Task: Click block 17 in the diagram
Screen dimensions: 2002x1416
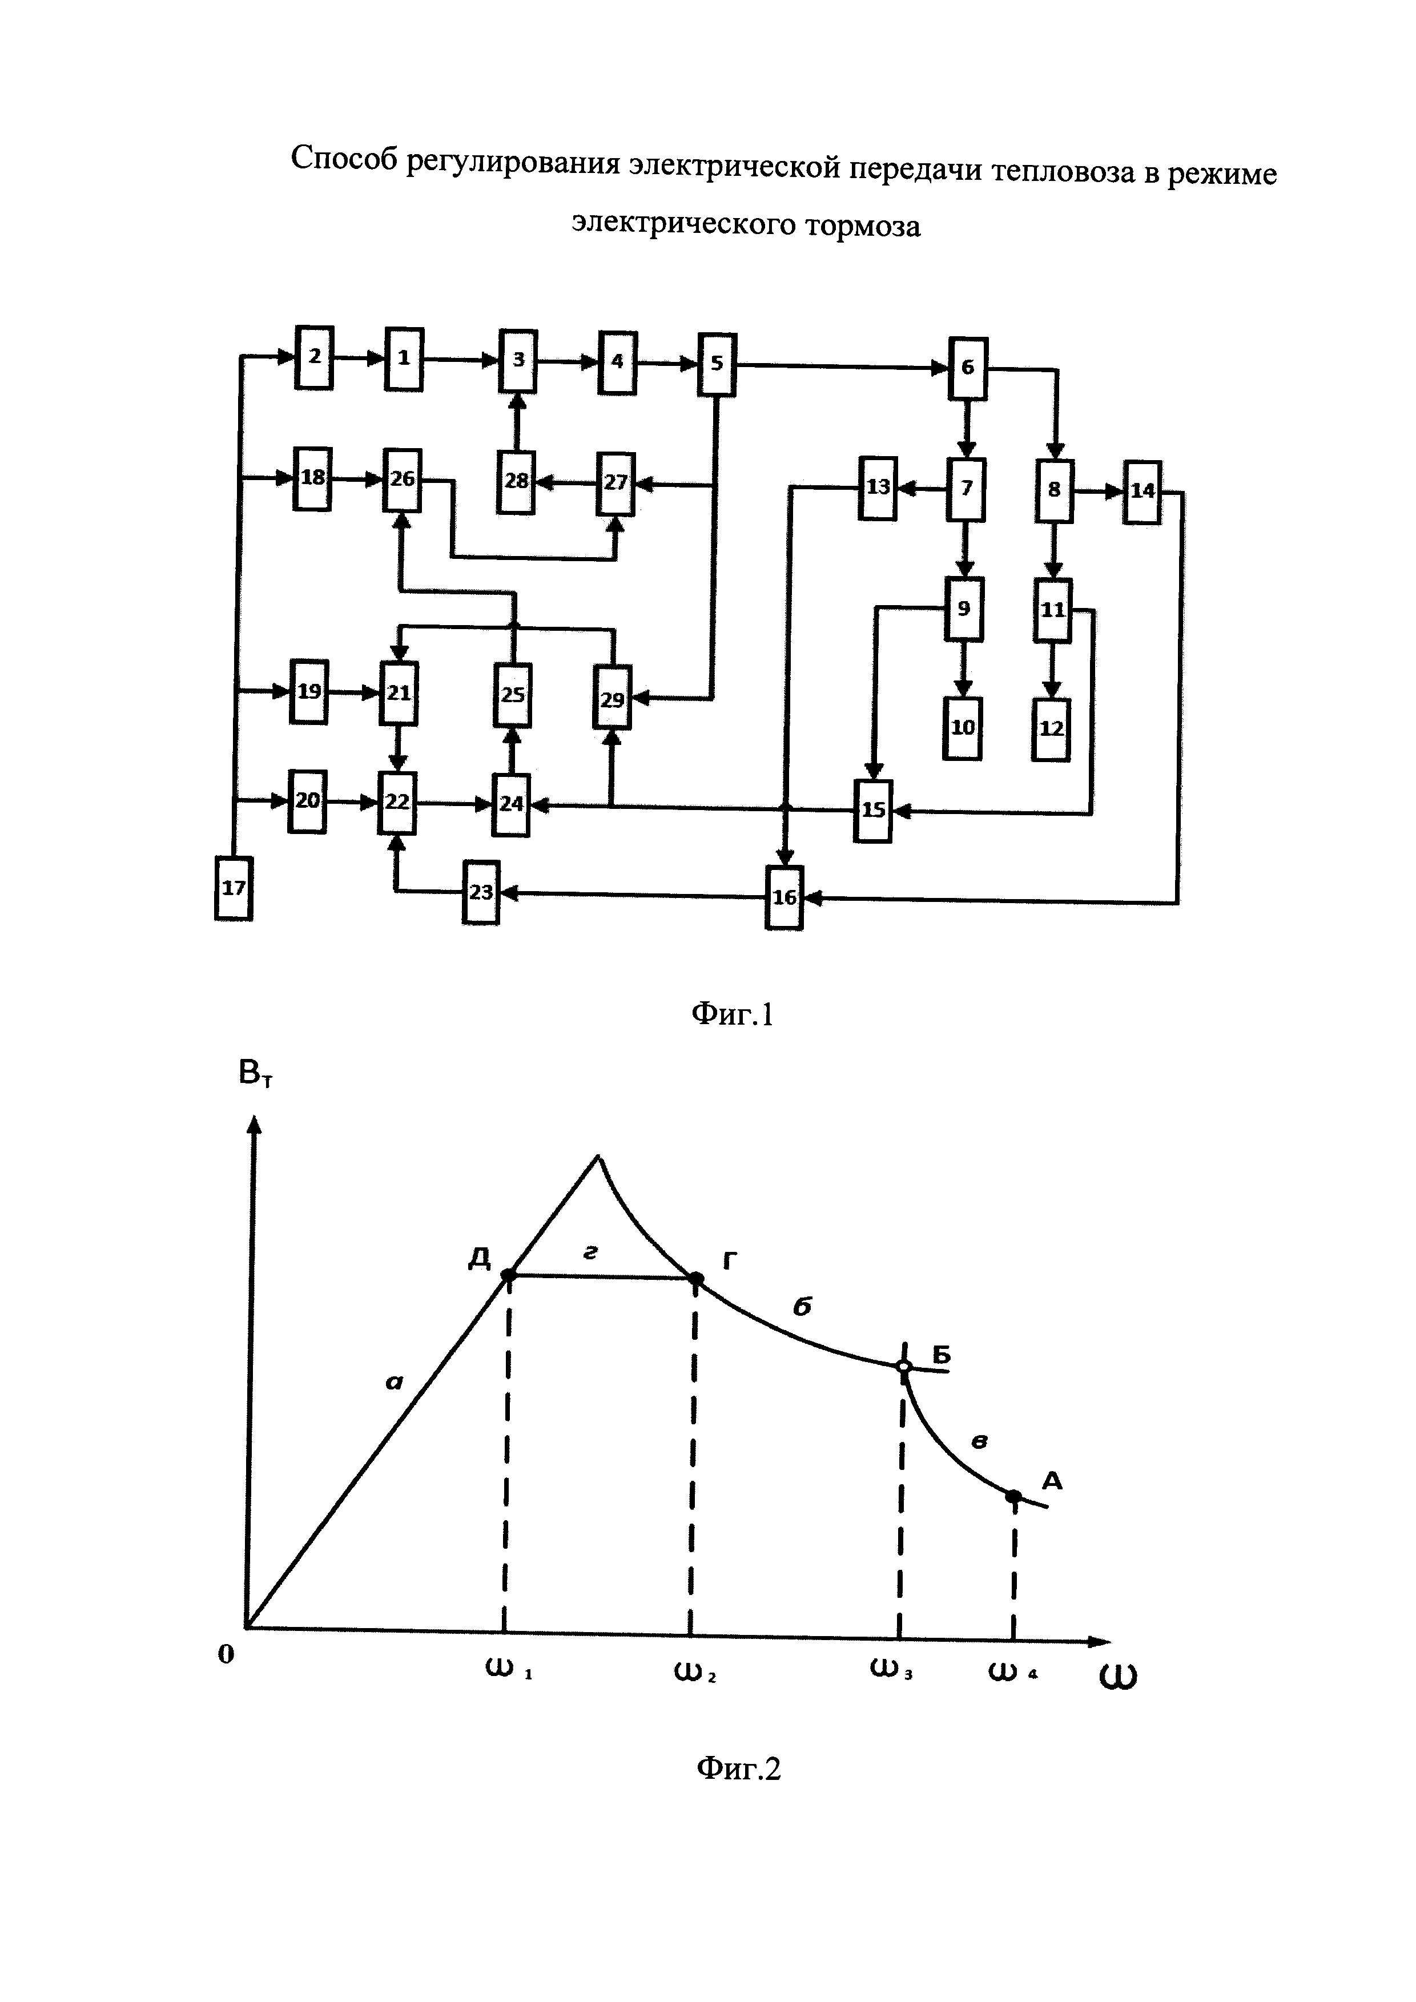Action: [233, 888]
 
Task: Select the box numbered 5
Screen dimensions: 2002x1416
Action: [717, 364]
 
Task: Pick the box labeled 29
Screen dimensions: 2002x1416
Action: [612, 698]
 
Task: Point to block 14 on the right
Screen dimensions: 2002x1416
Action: [1141, 491]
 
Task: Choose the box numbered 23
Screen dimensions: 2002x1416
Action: [480, 892]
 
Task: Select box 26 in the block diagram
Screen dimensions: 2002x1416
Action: [402, 480]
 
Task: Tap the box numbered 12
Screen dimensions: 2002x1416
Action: [1051, 729]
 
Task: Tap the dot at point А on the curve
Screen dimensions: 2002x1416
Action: [1013, 1496]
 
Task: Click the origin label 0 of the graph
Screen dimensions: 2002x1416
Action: [226, 1654]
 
